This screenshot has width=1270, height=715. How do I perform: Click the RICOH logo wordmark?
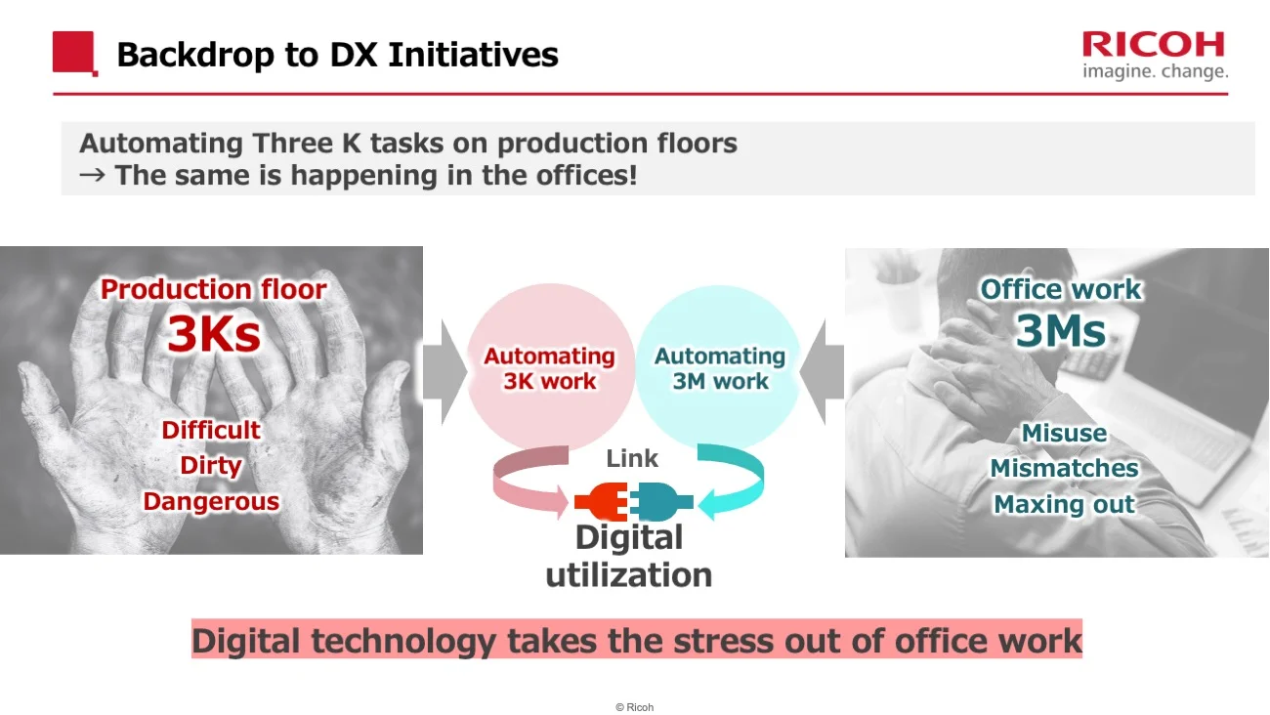point(1153,45)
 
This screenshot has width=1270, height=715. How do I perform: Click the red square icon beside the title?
point(74,53)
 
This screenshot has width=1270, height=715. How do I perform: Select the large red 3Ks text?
point(213,334)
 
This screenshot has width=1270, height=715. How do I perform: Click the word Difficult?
point(211,431)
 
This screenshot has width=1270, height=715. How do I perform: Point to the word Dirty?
point(210,466)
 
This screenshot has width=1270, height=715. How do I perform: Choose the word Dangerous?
point(211,502)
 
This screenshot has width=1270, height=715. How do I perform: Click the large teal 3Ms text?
point(1060,331)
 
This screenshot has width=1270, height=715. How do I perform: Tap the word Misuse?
point(1064,434)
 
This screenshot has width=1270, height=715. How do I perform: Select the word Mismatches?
point(1064,469)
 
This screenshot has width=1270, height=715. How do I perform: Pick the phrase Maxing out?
point(1064,505)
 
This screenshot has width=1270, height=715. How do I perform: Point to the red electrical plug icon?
point(600,503)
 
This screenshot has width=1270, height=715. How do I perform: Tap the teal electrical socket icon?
point(661,503)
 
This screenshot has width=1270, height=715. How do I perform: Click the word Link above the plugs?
point(632,458)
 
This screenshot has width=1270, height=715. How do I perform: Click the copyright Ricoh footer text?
point(634,707)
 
